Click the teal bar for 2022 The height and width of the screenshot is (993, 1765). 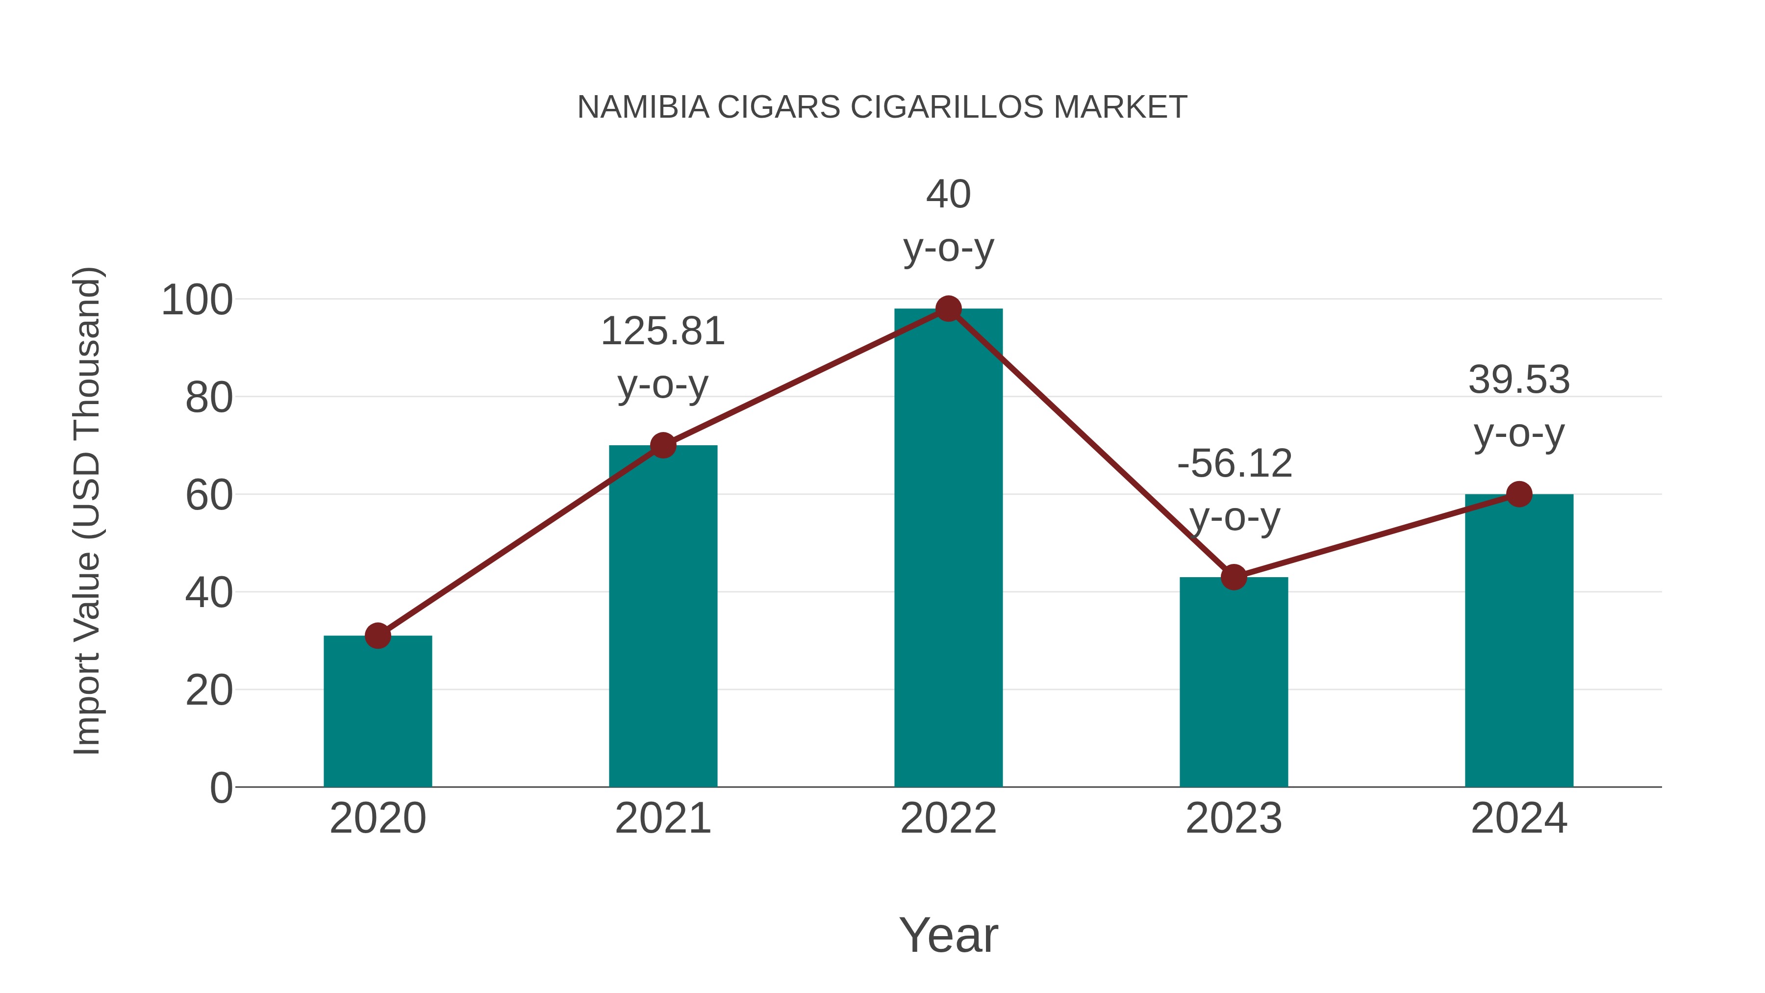[948, 548]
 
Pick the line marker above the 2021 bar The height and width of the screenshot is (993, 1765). [662, 445]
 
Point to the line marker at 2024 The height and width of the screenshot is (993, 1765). [1519, 494]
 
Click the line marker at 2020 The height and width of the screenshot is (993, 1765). [378, 636]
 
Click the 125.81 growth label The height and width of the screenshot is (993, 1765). [662, 331]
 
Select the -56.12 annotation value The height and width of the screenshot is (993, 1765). [1234, 464]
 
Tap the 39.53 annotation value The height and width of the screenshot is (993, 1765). [1519, 381]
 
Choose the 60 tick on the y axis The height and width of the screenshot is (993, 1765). [208, 495]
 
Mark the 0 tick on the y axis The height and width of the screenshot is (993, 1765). [221, 788]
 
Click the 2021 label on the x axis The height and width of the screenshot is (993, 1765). [662, 818]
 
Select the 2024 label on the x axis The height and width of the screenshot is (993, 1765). [1519, 818]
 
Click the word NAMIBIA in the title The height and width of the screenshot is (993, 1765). [643, 107]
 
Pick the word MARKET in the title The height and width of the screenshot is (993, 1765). [1120, 107]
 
